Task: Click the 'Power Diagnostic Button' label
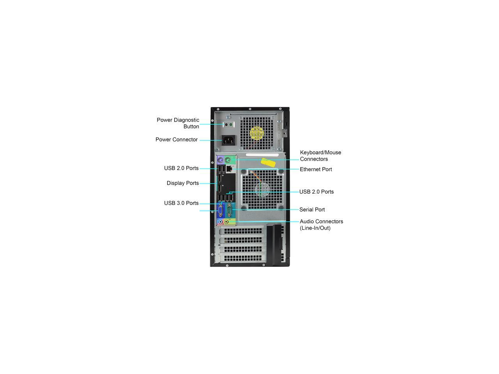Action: tap(178, 123)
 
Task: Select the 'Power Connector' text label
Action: tap(177, 139)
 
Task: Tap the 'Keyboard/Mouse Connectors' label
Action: tap(320, 156)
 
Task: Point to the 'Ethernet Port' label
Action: tap(316, 169)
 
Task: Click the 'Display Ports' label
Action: tap(182, 183)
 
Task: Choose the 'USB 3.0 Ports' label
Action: tap(181, 203)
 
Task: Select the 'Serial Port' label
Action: tap(312, 210)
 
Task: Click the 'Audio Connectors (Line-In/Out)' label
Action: tap(321, 225)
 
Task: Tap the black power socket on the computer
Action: tap(229, 140)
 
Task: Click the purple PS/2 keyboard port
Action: tap(221, 160)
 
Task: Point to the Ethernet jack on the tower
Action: tap(229, 169)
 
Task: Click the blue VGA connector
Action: tap(221, 211)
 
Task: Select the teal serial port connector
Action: tap(229, 211)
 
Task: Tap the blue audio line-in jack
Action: tap(221, 222)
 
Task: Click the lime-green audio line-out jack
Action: tap(226, 222)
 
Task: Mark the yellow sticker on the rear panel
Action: tap(269, 162)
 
